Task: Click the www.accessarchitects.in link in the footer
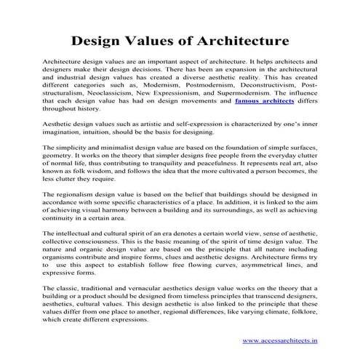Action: [x=284, y=340]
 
